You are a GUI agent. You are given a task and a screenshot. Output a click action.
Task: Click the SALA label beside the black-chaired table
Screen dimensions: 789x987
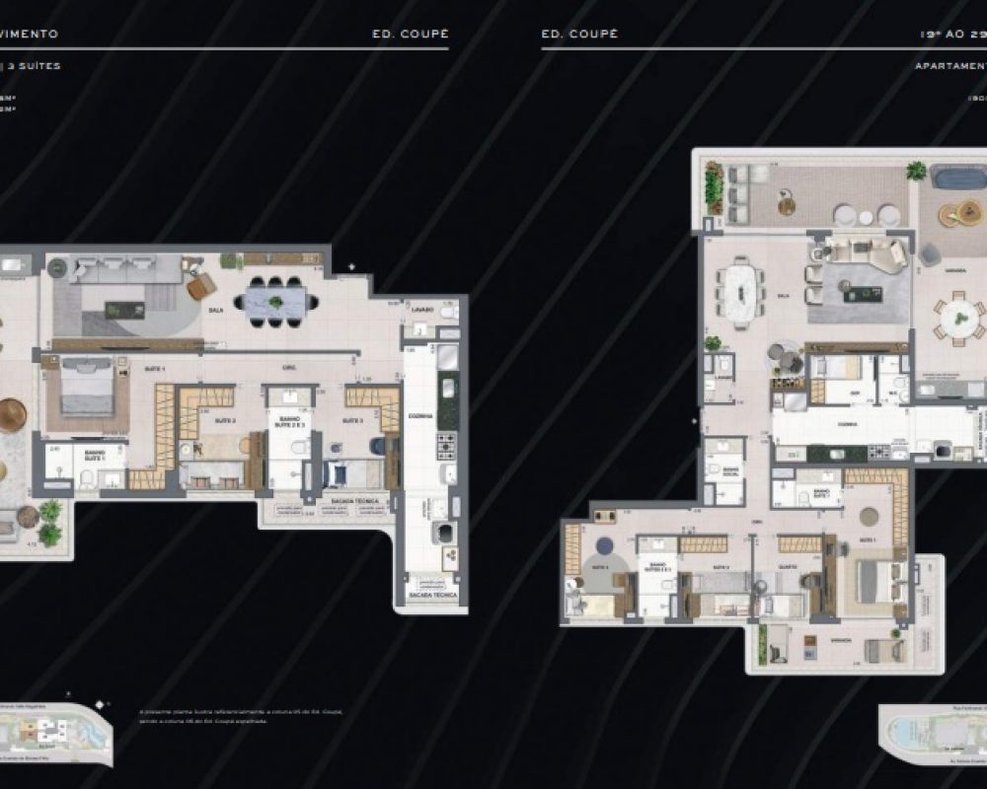pyautogui.click(x=215, y=310)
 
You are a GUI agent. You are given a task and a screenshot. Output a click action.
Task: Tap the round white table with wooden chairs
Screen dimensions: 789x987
pyautogui.click(x=957, y=318)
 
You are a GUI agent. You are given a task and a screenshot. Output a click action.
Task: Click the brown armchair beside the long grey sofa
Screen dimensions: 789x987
pyautogui.click(x=200, y=285)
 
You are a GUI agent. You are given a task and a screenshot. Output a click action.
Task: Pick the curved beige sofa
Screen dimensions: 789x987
pyautogui.click(x=864, y=253)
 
